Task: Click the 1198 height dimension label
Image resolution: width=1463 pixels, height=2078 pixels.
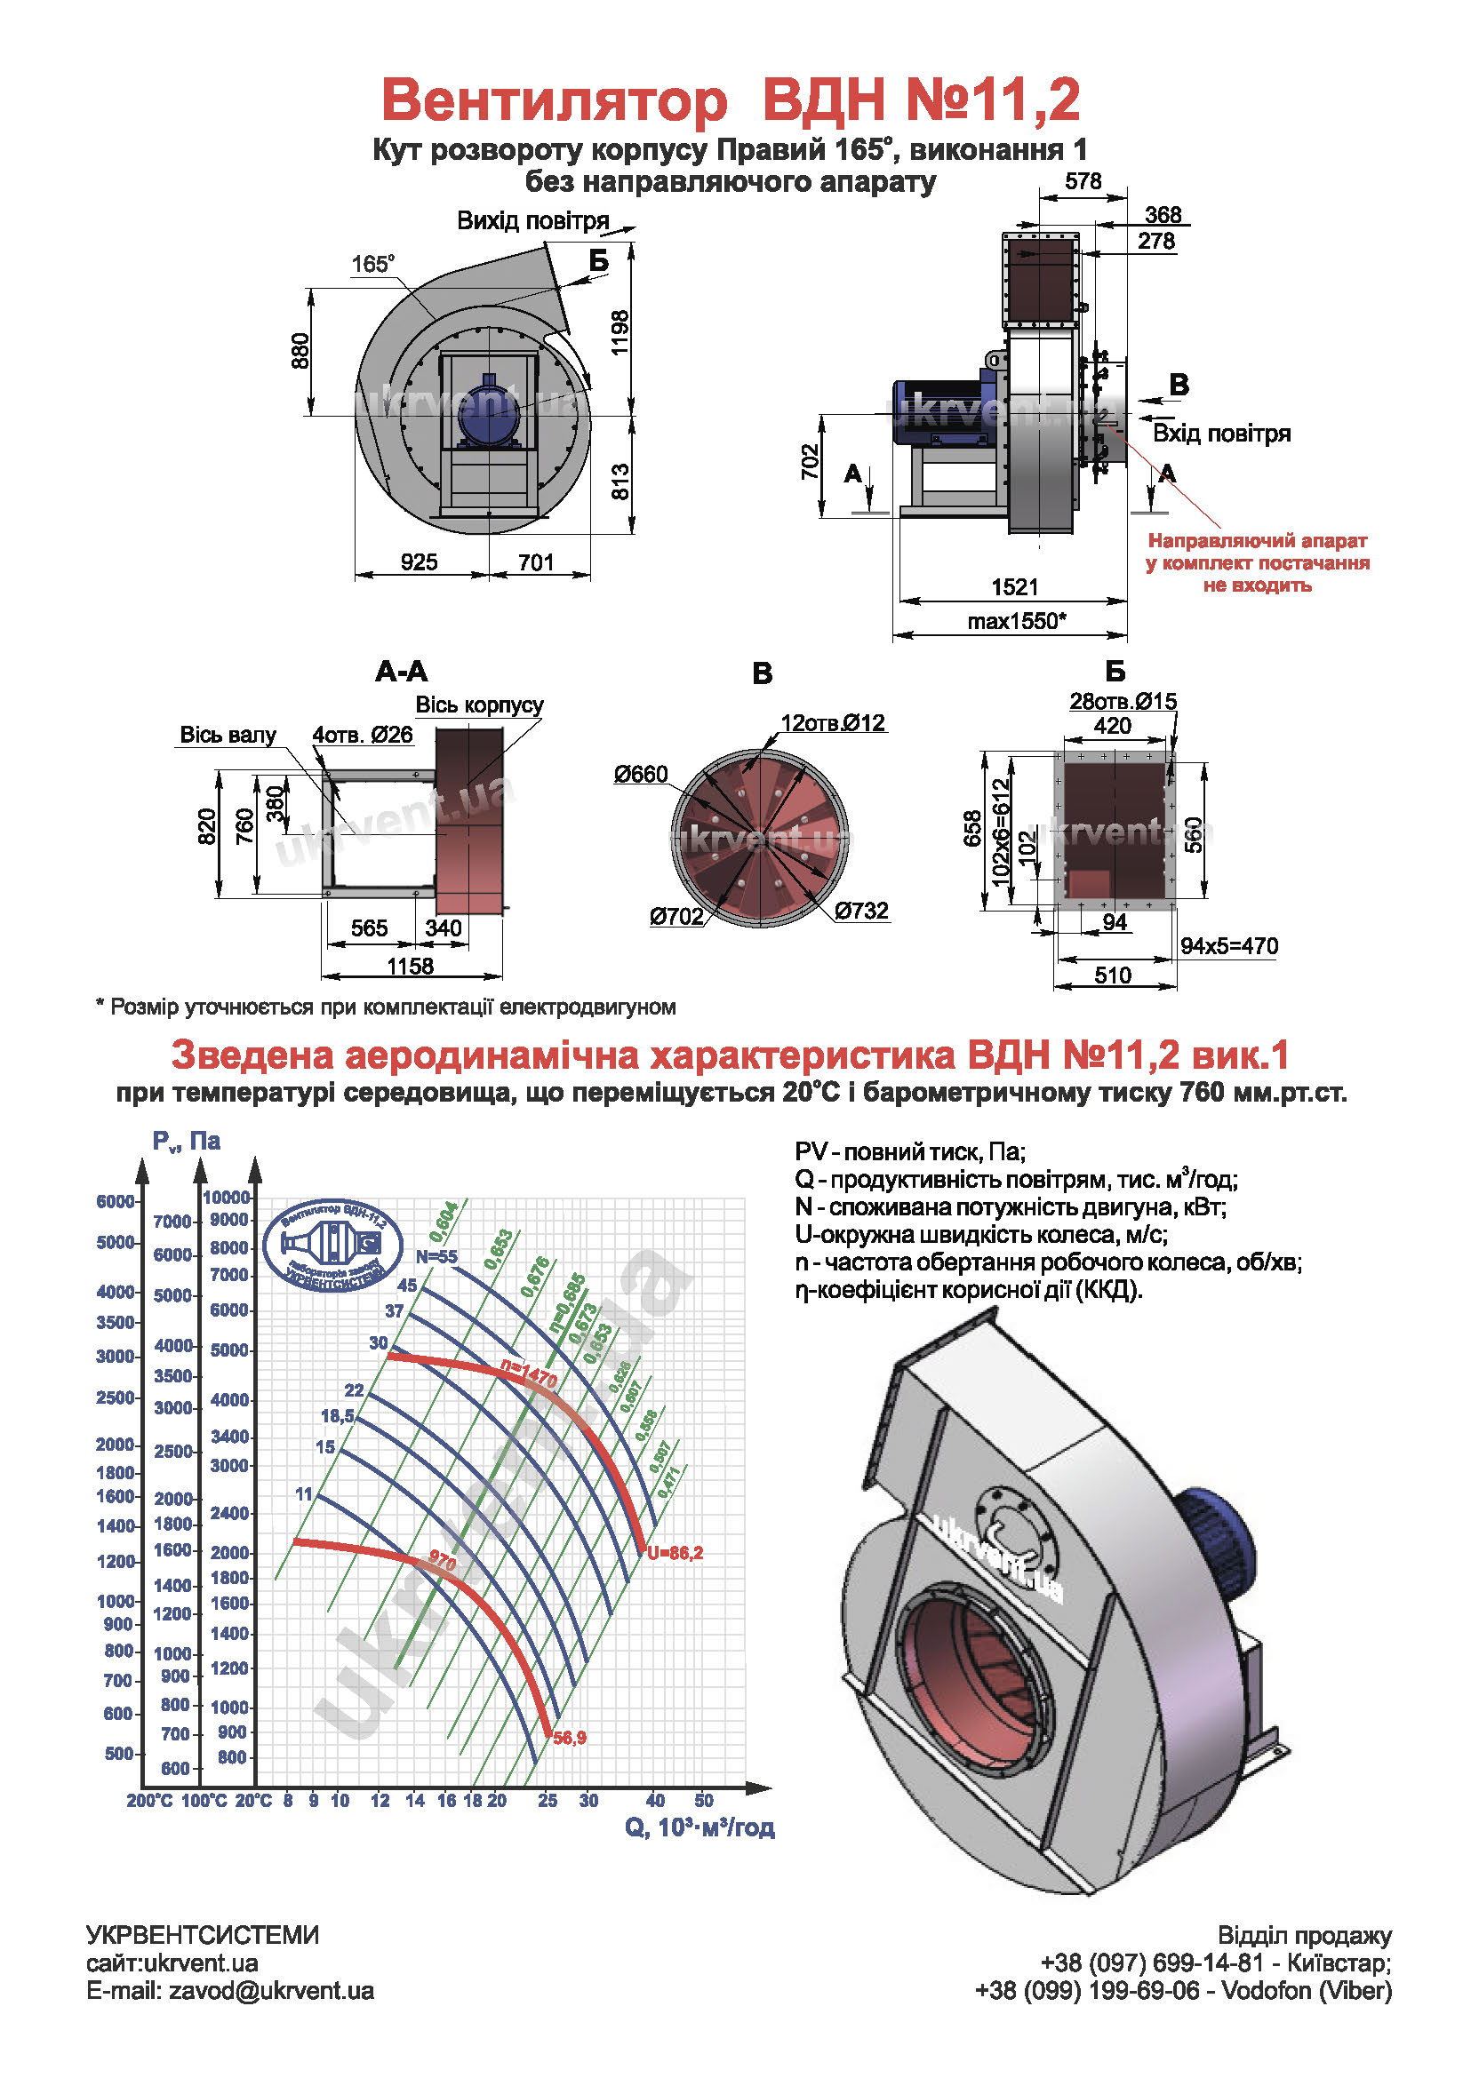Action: (x=620, y=333)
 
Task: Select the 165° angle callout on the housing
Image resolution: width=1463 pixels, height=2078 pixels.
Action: (x=373, y=264)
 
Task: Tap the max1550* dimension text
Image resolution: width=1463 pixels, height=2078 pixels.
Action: (x=1016, y=621)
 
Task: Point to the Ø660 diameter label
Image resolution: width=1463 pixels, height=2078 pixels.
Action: (x=640, y=774)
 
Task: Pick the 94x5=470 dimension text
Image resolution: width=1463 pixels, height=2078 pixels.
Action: (x=1228, y=946)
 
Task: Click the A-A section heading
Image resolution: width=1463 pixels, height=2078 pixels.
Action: (x=401, y=672)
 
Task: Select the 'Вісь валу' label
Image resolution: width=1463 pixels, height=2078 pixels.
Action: (x=228, y=735)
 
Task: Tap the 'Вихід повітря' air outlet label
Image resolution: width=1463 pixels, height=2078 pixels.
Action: (x=532, y=221)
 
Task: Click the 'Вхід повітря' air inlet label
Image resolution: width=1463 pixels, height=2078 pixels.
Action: (x=1220, y=434)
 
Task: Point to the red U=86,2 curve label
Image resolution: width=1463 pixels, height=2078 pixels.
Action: (x=675, y=1553)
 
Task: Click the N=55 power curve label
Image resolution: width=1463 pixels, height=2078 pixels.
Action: (x=436, y=1256)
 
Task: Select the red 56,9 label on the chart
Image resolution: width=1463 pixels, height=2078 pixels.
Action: (x=570, y=1738)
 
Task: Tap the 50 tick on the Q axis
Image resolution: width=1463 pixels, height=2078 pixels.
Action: (x=703, y=1800)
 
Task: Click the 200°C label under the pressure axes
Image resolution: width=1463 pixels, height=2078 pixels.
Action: (x=149, y=1800)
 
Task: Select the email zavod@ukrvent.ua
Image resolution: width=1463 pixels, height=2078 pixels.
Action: (x=230, y=1990)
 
